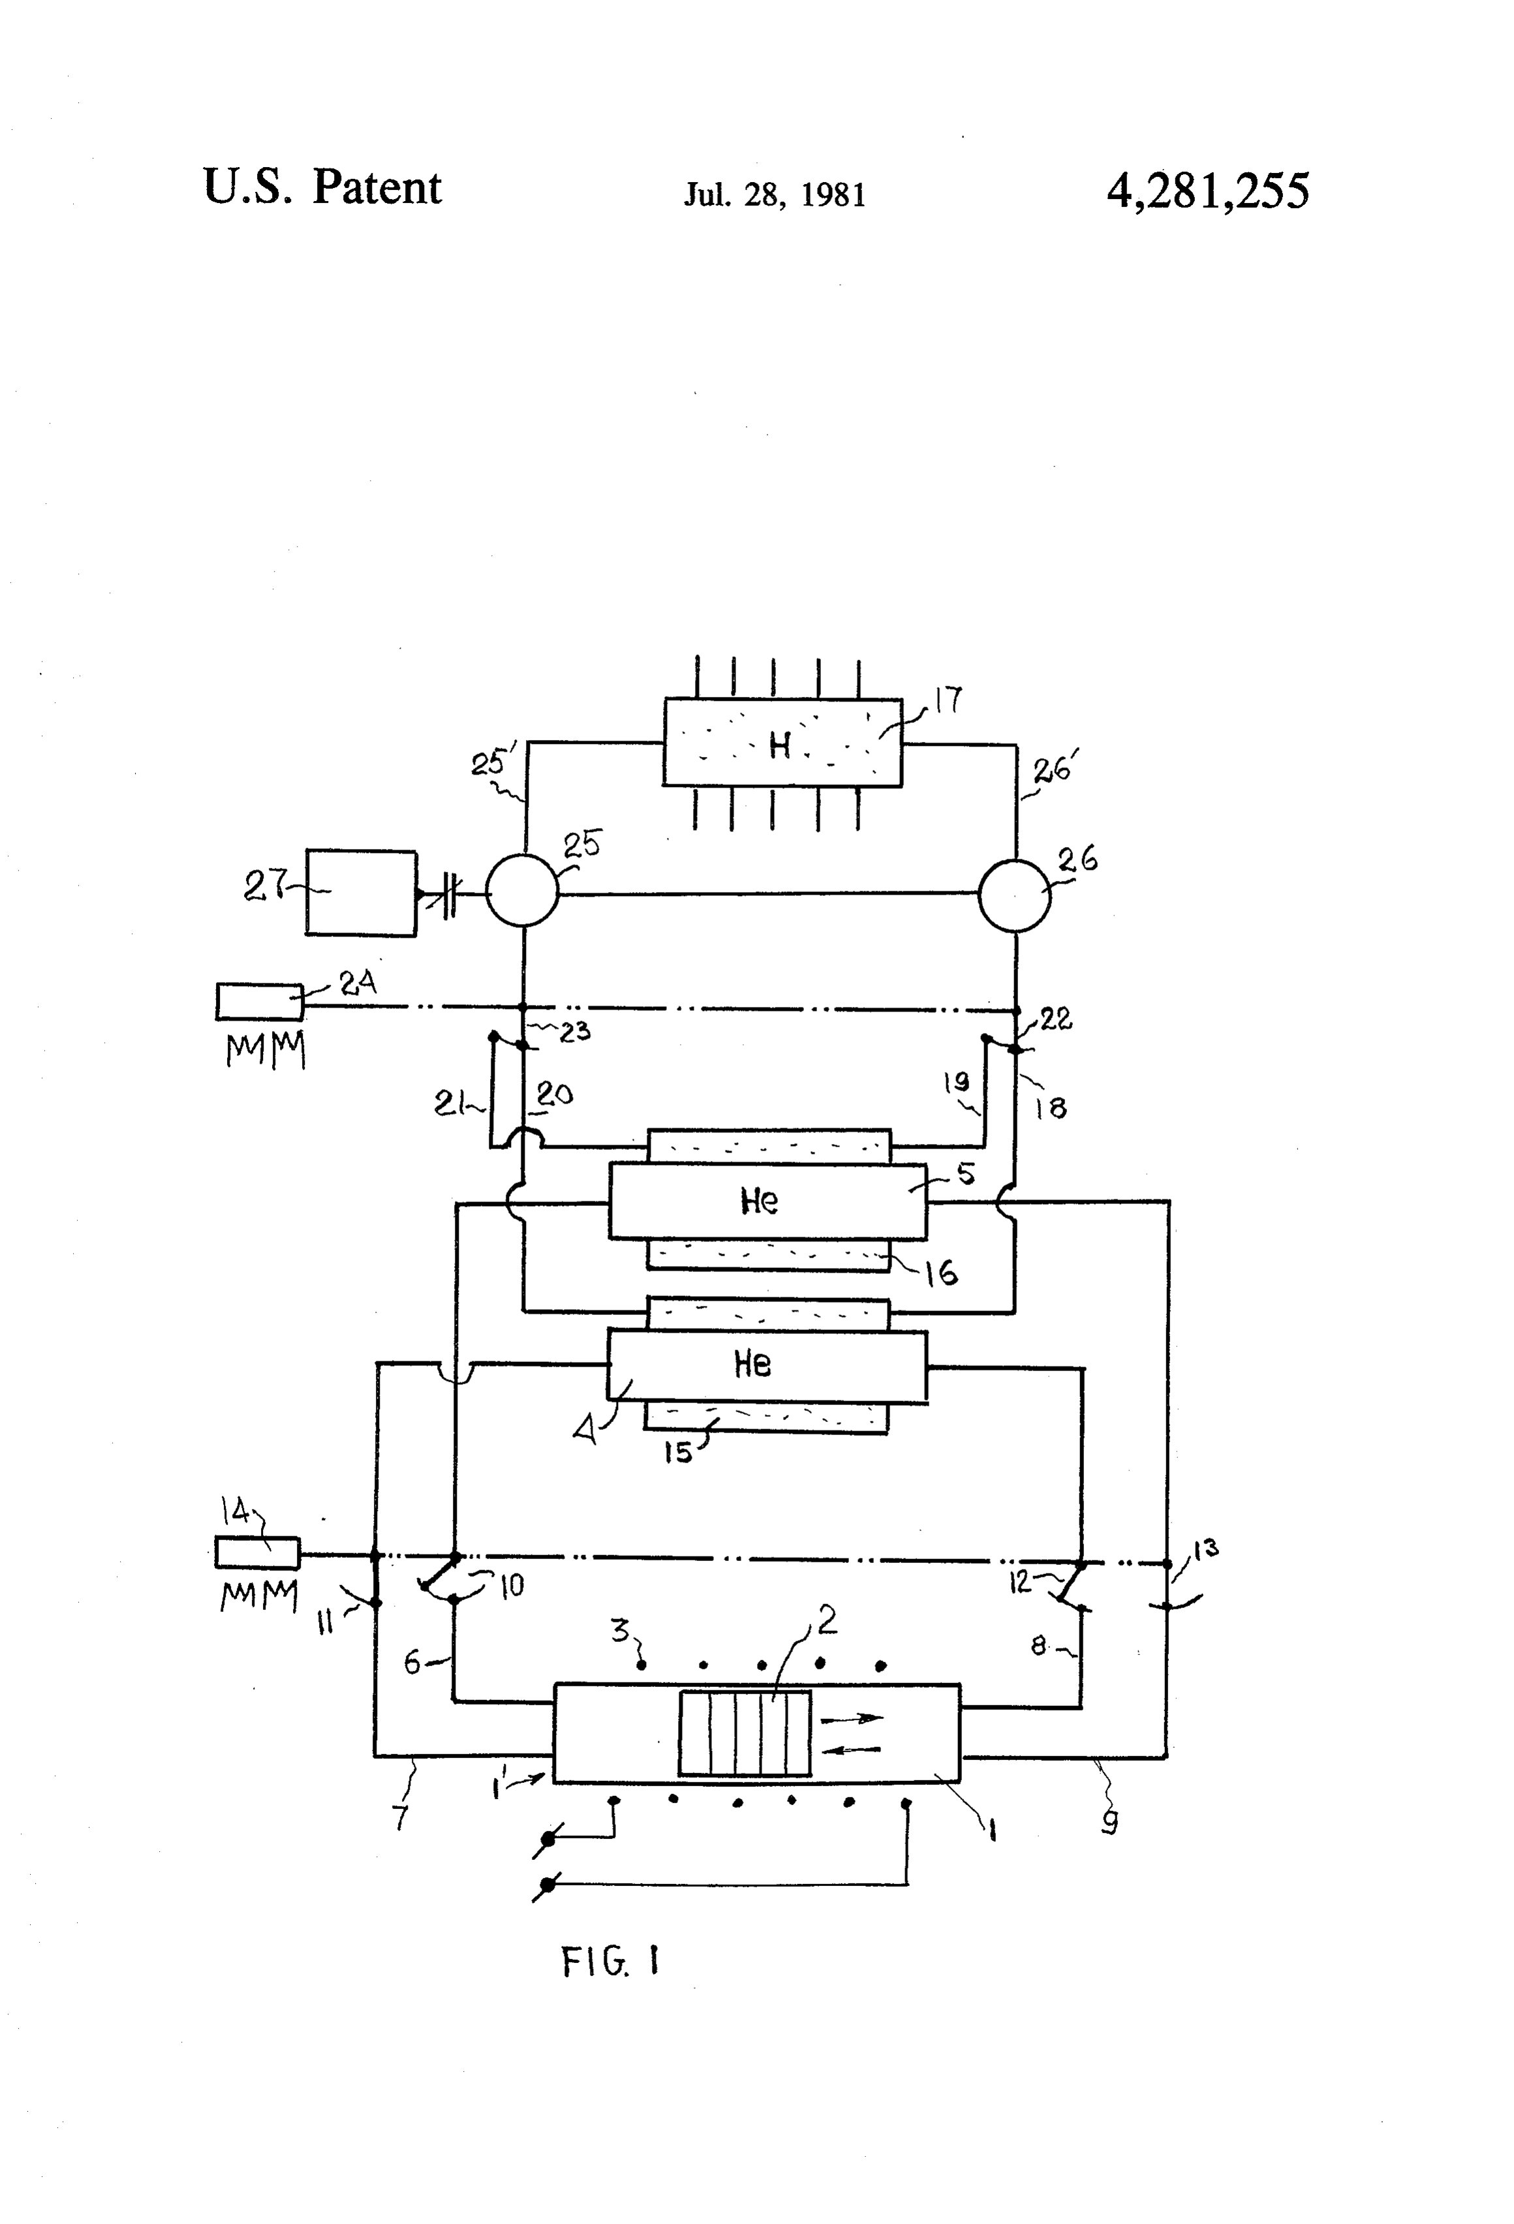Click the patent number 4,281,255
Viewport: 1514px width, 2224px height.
pyautogui.click(x=1208, y=191)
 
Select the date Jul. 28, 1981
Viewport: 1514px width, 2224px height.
pyautogui.click(x=774, y=195)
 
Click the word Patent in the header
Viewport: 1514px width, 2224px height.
pyautogui.click(x=377, y=187)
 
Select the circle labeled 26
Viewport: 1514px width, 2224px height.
pyautogui.click(x=1014, y=895)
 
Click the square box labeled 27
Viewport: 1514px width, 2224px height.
pyautogui.click(x=361, y=892)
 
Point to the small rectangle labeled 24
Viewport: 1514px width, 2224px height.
pyautogui.click(x=259, y=1001)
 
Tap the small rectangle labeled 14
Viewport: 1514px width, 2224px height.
pyautogui.click(x=257, y=1552)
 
